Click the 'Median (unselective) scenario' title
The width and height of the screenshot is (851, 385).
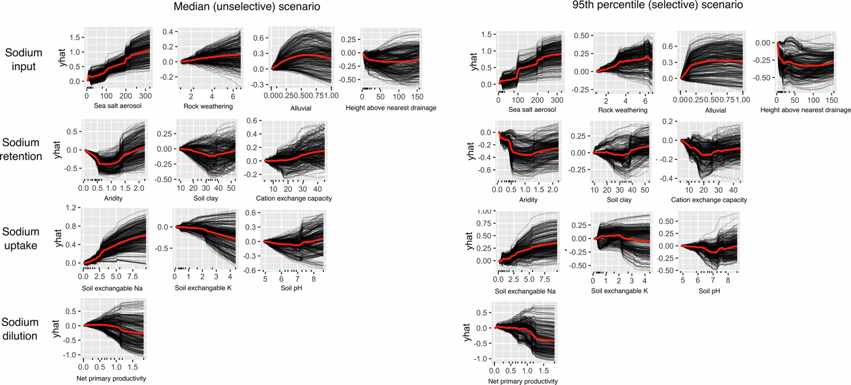click(x=247, y=7)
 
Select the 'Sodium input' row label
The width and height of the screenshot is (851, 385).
click(x=23, y=59)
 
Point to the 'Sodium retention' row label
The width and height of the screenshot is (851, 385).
click(x=21, y=149)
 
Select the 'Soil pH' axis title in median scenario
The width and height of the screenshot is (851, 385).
click(x=291, y=288)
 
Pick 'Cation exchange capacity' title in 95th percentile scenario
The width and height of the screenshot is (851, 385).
click(x=709, y=200)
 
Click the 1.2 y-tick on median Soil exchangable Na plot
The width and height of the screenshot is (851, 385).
click(x=71, y=208)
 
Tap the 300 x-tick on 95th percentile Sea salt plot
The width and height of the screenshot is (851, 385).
click(x=557, y=100)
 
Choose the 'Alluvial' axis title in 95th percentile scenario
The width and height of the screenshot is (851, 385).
click(x=715, y=110)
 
